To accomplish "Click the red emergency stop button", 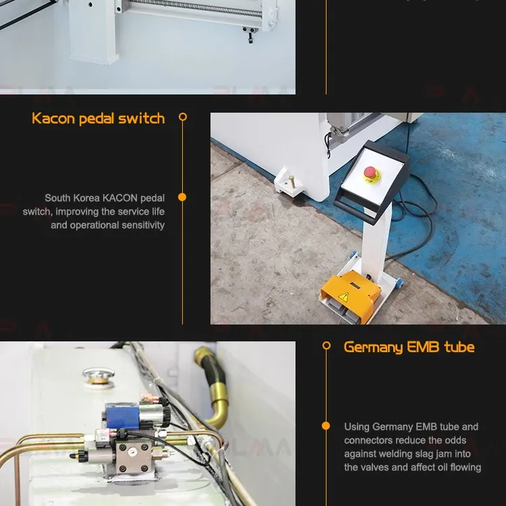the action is (370, 172).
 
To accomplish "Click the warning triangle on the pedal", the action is (343, 297).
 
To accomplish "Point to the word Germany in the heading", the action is (373, 347).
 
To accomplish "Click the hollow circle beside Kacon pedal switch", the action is (183, 117).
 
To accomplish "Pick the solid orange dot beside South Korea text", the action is (182, 197).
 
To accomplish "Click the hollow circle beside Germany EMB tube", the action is (327, 345).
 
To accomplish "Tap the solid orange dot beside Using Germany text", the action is (326, 426).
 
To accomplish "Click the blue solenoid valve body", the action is (122, 416).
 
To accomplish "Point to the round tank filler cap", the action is (99, 376).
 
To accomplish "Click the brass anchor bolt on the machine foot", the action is (291, 181).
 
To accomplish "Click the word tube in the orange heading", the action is (459, 347).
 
